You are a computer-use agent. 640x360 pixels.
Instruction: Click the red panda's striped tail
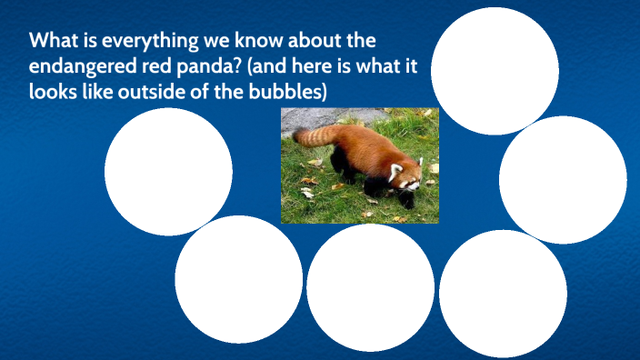click(x=314, y=136)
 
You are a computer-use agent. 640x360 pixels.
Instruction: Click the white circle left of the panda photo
click(x=168, y=171)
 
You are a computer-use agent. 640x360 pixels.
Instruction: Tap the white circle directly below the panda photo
click(x=370, y=287)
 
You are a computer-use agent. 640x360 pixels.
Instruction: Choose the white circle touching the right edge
click(x=563, y=179)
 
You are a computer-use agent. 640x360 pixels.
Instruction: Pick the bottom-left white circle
click(x=238, y=279)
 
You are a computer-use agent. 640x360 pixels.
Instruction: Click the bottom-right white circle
click(x=503, y=293)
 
